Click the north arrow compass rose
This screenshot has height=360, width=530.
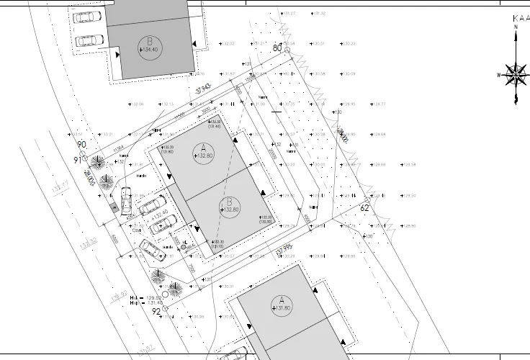516,73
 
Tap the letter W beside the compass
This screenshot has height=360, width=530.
498,75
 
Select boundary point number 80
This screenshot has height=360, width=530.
278,48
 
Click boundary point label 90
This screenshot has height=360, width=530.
81,145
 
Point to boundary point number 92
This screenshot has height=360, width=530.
156,312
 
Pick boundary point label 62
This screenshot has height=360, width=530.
364,208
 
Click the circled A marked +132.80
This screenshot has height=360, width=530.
204,153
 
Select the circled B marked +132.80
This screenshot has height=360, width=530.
228,204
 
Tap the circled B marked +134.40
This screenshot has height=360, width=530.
150,46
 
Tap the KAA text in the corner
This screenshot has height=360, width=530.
520,19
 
